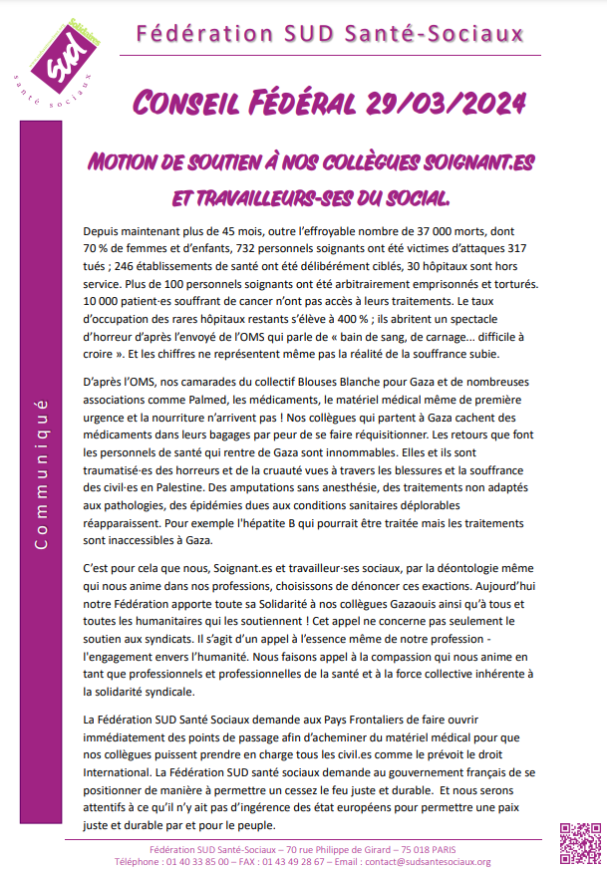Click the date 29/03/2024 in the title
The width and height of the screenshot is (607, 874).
[443, 103]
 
